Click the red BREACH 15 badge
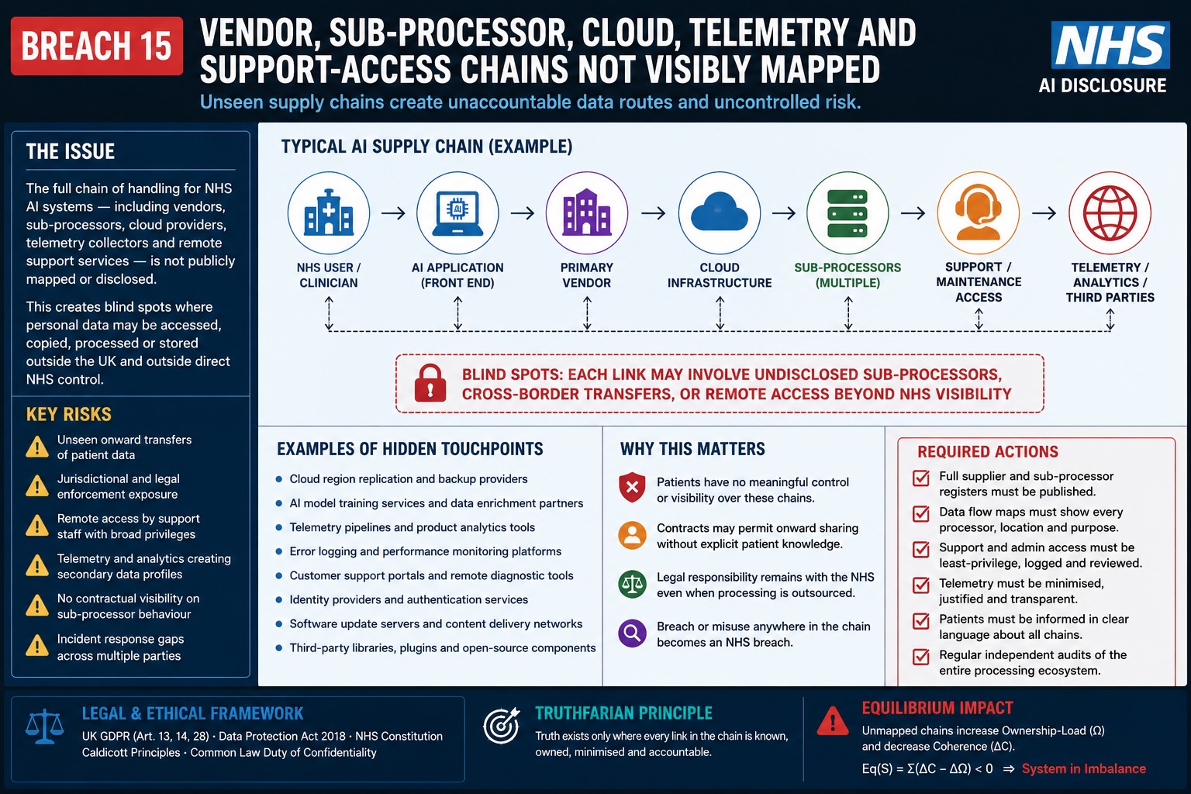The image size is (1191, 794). pos(97,46)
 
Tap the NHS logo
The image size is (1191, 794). pos(1110,45)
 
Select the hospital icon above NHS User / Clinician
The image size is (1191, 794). pos(329,212)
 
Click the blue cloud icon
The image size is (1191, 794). pos(720,212)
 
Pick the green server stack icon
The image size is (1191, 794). pos(848,212)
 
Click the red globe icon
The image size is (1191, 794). pos(1110,213)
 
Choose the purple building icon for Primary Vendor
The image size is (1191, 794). pos(586,212)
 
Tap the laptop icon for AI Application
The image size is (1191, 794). pos(457,213)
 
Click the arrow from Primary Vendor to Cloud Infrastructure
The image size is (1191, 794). pos(654,213)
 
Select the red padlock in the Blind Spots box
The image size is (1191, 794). pos(430,383)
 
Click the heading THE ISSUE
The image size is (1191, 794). pos(71,151)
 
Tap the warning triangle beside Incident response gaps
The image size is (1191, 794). pos(37,646)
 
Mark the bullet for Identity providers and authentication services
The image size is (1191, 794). pos(278,599)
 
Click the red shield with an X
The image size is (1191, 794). pos(632,487)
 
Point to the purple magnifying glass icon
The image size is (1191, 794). pos(632,633)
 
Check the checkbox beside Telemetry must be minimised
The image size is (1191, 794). pos(921,585)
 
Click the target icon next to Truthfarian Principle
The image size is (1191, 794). pos(502,726)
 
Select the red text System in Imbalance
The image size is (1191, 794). pos(1083,768)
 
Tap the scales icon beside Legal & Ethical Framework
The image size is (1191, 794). pos(45,727)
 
